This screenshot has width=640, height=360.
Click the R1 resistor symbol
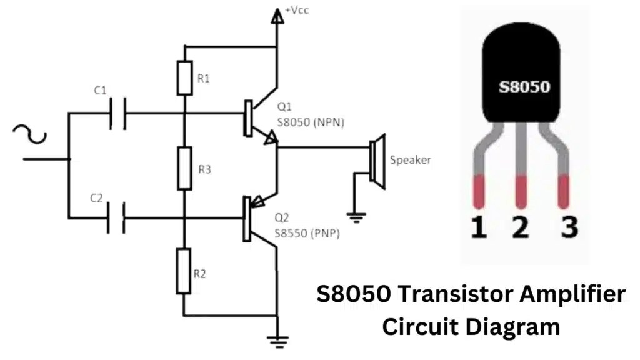click(184, 77)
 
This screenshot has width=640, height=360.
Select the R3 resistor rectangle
click(184, 168)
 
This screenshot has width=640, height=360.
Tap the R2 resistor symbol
click(184, 271)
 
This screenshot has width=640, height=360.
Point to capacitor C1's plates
click(117, 113)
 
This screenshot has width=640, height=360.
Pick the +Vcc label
click(297, 11)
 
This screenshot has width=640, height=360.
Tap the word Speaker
click(411, 160)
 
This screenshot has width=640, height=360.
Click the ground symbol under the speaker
click(357, 217)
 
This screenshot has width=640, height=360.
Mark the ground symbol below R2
click(276, 341)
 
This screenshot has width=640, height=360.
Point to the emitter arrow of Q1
click(269, 137)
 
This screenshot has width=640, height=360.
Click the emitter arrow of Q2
click(256, 201)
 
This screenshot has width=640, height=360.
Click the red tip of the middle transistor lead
click(521, 191)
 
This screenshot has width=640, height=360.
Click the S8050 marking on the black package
click(524, 86)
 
